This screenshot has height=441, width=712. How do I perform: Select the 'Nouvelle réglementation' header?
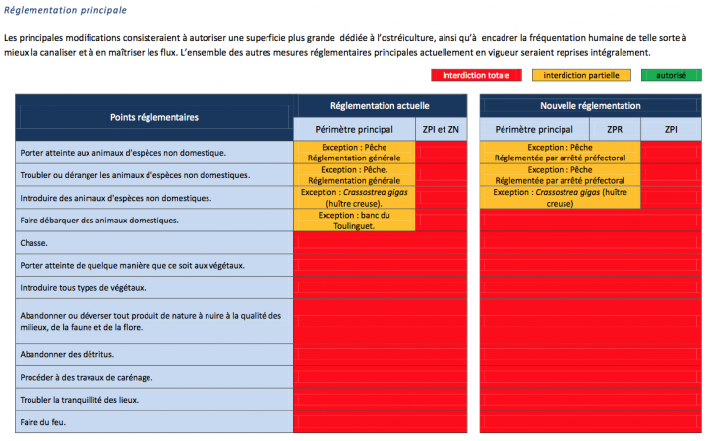click(590, 105)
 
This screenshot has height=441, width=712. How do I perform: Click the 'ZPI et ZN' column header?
click(441, 129)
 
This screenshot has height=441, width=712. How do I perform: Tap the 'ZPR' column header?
click(615, 129)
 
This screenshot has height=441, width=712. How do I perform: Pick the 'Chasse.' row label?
click(34, 242)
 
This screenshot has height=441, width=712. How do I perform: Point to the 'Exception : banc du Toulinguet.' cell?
click(355, 220)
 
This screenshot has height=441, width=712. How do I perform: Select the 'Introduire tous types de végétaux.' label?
click(83, 287)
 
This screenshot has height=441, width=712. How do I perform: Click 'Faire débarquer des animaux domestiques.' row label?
click(98, 220)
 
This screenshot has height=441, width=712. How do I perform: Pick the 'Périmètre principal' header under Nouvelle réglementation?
click(534, 129)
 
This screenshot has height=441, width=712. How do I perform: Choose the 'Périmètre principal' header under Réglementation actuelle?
click(354, 129)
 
